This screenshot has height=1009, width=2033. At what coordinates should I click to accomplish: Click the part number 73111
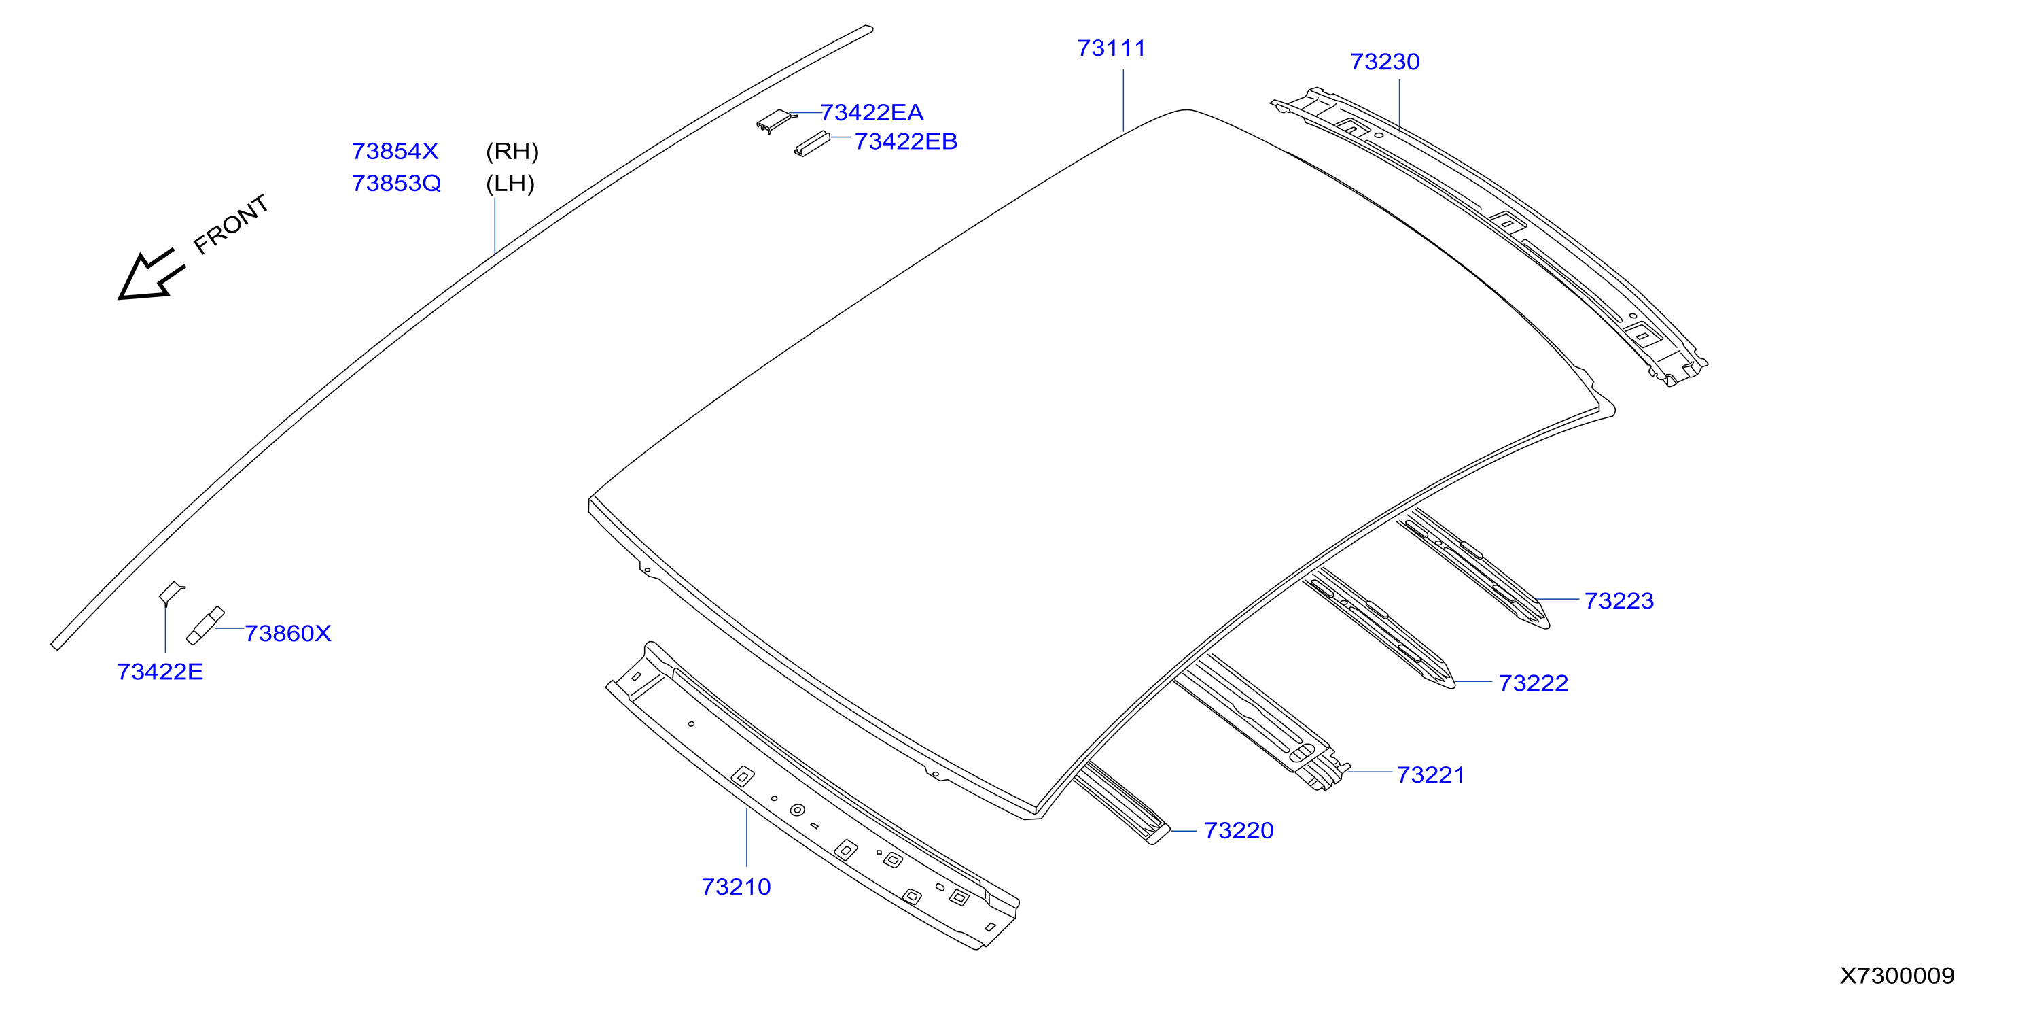pos(1111,49)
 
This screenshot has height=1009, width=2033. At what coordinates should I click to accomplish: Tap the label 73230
pos(1384,62)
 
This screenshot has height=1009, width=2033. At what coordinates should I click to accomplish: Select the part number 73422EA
pos(871,113)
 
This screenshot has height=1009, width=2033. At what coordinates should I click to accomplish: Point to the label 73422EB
pos(905,141)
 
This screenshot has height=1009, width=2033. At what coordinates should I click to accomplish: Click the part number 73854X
pos(395,151)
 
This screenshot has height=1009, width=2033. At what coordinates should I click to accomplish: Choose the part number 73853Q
pos(396,183)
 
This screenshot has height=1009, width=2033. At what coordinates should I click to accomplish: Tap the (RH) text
pos(512,151)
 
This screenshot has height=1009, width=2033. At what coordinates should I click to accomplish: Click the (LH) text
pos(510,183)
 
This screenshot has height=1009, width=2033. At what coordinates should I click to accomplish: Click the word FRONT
pos(231,225)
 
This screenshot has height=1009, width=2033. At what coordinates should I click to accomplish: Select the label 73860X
pos(287,633)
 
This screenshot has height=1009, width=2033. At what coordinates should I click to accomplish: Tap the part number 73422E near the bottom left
pos(160,672)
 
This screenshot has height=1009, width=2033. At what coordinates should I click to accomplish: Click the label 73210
pos(736,887)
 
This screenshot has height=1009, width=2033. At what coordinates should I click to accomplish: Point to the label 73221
pos(1430,775)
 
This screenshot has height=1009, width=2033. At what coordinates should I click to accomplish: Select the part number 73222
pos(1533,683)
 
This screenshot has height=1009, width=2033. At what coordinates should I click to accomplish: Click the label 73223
pos(1619,601)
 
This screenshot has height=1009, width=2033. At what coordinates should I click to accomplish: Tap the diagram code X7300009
pos(1897,976)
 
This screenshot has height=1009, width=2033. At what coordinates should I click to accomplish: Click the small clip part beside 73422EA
pos(776,122)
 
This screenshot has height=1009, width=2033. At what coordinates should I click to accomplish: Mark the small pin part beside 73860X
pos(205,626)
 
